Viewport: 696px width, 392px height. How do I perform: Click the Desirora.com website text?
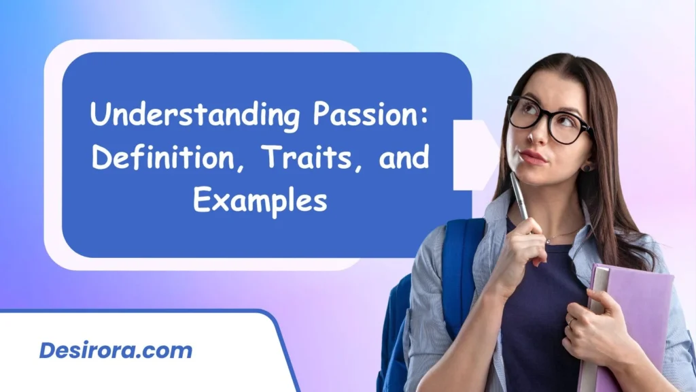(x=116, y=351)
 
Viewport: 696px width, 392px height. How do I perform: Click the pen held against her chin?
(x=519, y=197)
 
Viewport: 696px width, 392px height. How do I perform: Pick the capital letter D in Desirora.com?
(x=47, y=351)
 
